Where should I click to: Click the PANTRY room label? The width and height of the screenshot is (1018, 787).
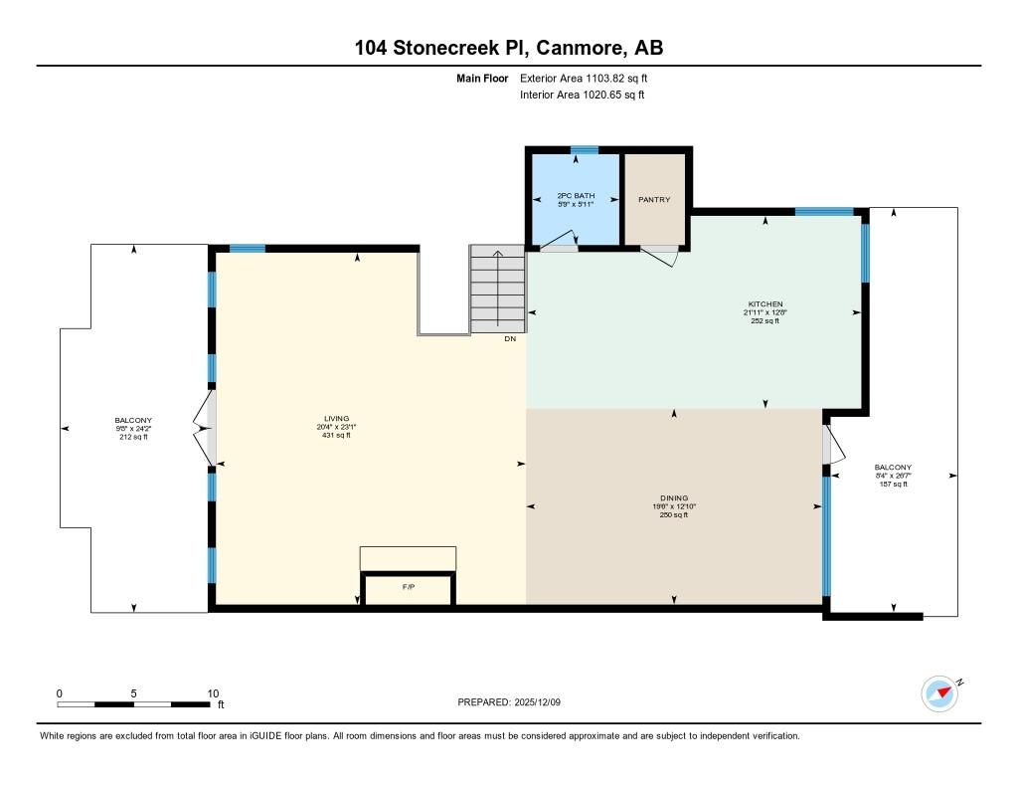coord(654,200)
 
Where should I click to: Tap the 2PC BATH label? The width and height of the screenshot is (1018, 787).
coord(576,196)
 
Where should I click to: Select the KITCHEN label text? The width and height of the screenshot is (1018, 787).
coord(765,304)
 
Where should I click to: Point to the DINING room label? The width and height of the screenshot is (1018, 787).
coord(674,498)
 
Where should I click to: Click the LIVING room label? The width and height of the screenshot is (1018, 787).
coord(336,419)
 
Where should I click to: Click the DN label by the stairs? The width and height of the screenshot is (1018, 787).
coord(510,338)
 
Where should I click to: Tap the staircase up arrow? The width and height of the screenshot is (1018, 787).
coord(498,288)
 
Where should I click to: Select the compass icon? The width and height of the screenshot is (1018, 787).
coord(940,694)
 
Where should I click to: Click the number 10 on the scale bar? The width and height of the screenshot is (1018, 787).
coord(213,693)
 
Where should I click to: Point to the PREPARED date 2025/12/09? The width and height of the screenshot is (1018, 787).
coord(537,702)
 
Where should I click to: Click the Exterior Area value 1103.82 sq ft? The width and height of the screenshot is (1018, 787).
coord(616,79)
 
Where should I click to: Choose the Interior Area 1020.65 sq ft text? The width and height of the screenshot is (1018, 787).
coord(583,95)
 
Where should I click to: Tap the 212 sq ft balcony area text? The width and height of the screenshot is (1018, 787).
coord(133,437)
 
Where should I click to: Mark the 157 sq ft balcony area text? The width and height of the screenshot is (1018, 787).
coord(894,484)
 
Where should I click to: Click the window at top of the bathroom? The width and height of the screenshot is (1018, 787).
coord(585,150)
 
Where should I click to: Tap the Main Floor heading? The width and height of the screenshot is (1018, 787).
coord(482,79)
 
